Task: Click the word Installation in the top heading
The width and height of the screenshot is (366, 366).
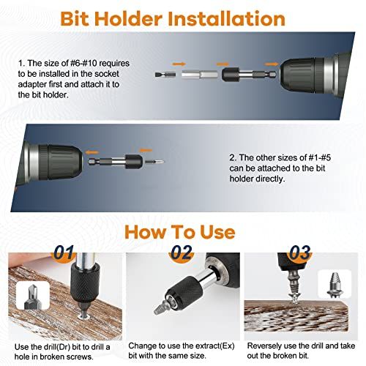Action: click(x=226, y=19)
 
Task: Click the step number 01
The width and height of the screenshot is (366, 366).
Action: click(x=64, y=252)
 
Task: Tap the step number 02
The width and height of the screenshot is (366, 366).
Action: click(x=182, y=252)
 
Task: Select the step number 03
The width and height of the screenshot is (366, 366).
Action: click(x=300, y=253)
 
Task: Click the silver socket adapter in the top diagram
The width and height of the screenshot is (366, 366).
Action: click(x=199, y=75)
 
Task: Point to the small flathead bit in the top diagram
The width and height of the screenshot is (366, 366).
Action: click(x=165, y=75)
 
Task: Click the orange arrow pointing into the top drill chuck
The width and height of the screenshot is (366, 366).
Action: click(x=272, y=64)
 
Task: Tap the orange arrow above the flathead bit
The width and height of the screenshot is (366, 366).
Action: click(x=179, y=64)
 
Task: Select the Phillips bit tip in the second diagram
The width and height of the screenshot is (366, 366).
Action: click(x=155, y=161)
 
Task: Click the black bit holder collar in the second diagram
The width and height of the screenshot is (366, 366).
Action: click(x=133, y=161)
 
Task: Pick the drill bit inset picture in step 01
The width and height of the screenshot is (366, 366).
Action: click(x=33, y=296)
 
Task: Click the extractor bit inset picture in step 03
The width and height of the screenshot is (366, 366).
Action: click(x=335, y=284)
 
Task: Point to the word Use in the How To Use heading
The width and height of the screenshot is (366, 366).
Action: click(x=217, y=232)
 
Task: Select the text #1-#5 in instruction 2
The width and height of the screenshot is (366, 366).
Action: click(x=320, y=157)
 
